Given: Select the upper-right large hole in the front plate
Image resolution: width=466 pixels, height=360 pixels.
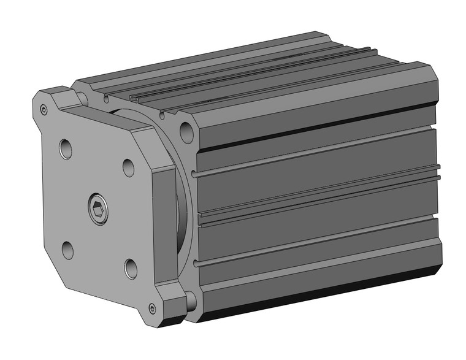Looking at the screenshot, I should click(x=128, y=167).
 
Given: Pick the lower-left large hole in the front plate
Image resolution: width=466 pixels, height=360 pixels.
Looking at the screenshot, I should click(x=67, y=248).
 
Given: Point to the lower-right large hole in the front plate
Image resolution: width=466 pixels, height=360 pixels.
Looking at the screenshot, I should click(x=131, y=266).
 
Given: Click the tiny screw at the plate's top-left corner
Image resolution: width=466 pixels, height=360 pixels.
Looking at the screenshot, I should click(x=44, y=110).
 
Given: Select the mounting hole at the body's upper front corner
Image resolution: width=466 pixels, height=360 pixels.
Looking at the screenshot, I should click(x=185, y=131).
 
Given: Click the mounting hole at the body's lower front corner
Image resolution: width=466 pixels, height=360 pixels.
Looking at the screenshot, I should click(x=191, y=300).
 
